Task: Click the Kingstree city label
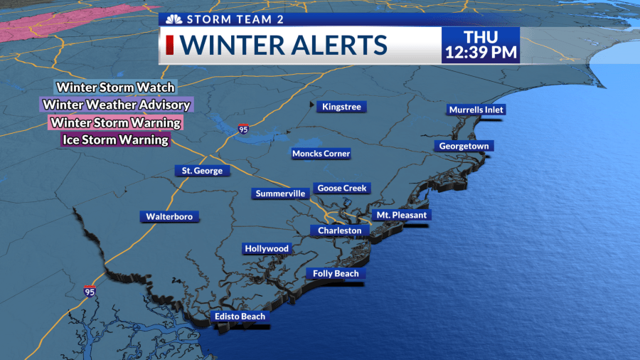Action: (x=341, y=107)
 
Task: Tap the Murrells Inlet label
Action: (x=476, y=110)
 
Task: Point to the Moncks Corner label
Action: (x=321, y=154)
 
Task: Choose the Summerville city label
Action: (x=280, y=194)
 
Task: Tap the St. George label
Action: (x=203, y=171)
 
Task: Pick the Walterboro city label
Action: (x=169, y=216)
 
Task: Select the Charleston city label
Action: (x=340, y=231)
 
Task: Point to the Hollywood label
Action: (x=267, y=248)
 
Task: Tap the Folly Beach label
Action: (x=336, y=273)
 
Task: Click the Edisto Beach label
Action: (x=240, y=317)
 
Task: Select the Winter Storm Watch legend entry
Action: (x=116, y=87)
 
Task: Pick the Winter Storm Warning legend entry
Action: (x=115, y=122)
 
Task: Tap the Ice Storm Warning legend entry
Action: (x=116, y=139)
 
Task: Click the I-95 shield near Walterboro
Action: (x=90, y=291)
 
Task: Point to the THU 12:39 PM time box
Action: (x=480, y=45)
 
